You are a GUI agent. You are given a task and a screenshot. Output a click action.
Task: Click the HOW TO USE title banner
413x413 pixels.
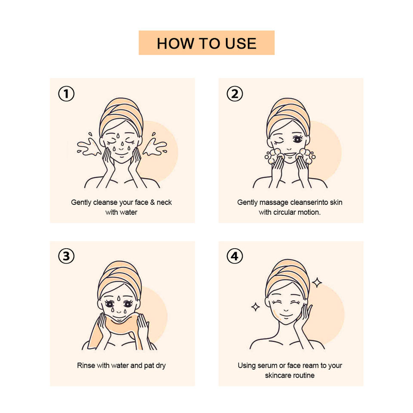(x=206, y=43)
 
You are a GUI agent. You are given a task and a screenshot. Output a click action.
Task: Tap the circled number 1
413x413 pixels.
(x=66, y=94)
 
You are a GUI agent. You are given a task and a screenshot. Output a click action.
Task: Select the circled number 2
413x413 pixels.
(x=235, y=94)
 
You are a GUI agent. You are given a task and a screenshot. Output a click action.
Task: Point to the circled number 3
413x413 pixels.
(x=66, y=256)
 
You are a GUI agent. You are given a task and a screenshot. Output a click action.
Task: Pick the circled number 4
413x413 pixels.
(x=235, y=256)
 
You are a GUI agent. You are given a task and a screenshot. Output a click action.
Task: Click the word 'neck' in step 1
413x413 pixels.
(x=164, y=202)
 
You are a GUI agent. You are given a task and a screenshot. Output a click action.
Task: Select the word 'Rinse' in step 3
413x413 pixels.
(x=86, y=365)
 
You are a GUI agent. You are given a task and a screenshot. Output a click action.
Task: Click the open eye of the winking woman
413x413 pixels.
(x=297, y=139)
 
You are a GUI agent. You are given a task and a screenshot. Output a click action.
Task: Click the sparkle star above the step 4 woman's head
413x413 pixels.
(x=317, y=283)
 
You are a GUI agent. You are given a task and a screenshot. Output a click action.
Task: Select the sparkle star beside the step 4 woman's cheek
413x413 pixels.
(x=255, y=307)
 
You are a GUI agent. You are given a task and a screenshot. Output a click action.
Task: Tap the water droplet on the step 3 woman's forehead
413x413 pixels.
(x=119, y=298)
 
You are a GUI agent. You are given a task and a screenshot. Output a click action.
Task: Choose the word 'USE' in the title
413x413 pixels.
(x=241, y=43)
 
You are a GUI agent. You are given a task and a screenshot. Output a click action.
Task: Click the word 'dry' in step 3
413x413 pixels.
(x=160, y=366)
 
